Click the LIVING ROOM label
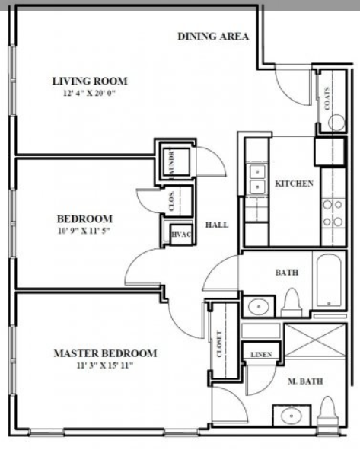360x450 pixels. point(89,81)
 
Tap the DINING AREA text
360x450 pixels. point(213,36)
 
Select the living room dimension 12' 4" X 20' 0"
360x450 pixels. point(89,94)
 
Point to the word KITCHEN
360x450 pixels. point(294,184)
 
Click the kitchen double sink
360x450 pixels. point(256,178)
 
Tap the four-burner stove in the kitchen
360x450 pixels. point(332,212)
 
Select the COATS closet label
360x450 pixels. point(328,98)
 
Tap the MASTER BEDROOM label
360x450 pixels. point(105,353)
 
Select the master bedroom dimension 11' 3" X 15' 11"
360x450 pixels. point(105,366)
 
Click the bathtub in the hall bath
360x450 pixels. point(330,285)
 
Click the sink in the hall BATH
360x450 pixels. point(260,307)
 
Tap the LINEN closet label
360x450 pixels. point(260,354)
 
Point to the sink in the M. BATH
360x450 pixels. point(290,417)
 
